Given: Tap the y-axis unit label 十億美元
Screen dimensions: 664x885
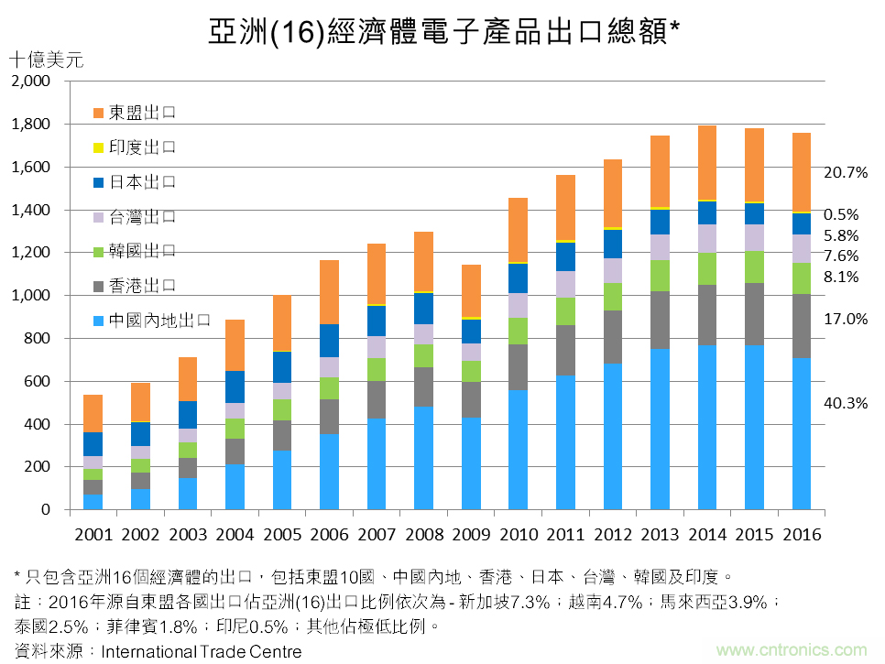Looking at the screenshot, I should click(x=45, y=61).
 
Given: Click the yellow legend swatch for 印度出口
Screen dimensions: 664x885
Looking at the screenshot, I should click(x=99, y=147).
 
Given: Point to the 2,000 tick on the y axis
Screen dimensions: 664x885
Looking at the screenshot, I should click(x=32, y=82).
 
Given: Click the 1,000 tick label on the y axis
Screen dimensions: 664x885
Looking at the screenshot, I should click(x=32, y=296).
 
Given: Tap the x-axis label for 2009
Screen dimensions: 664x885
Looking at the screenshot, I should click(x=472, y=535).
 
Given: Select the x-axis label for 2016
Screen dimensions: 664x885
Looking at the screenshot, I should click(x=802, y=535).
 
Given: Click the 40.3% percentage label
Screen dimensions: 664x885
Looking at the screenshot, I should click(x=846, y=403).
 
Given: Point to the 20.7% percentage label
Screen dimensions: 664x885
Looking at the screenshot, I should click(x=846, y=172).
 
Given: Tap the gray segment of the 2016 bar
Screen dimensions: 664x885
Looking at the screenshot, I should click(x=802, y=326).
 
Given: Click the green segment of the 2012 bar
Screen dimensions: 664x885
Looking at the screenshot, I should click(x=613, y=297).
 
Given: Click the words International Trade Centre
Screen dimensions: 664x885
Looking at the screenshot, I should click(x=201, y=652).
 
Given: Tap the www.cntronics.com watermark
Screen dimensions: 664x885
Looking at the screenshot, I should click(x=791, y=650).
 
